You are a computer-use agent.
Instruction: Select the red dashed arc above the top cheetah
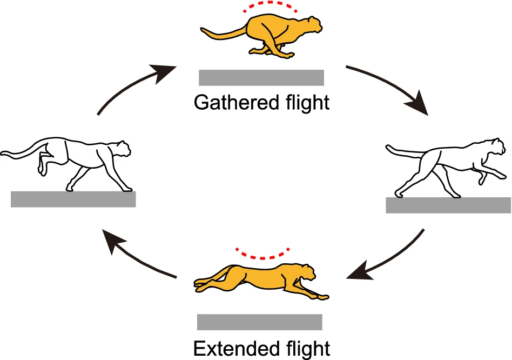point(262,6)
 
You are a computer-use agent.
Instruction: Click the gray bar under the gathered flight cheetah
point(261,78)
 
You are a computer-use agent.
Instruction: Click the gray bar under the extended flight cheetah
point(260,322)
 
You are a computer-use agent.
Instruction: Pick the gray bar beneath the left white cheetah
point(73,199)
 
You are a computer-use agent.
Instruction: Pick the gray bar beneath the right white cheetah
point(448,205)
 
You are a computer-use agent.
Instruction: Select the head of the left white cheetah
point(123,148)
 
